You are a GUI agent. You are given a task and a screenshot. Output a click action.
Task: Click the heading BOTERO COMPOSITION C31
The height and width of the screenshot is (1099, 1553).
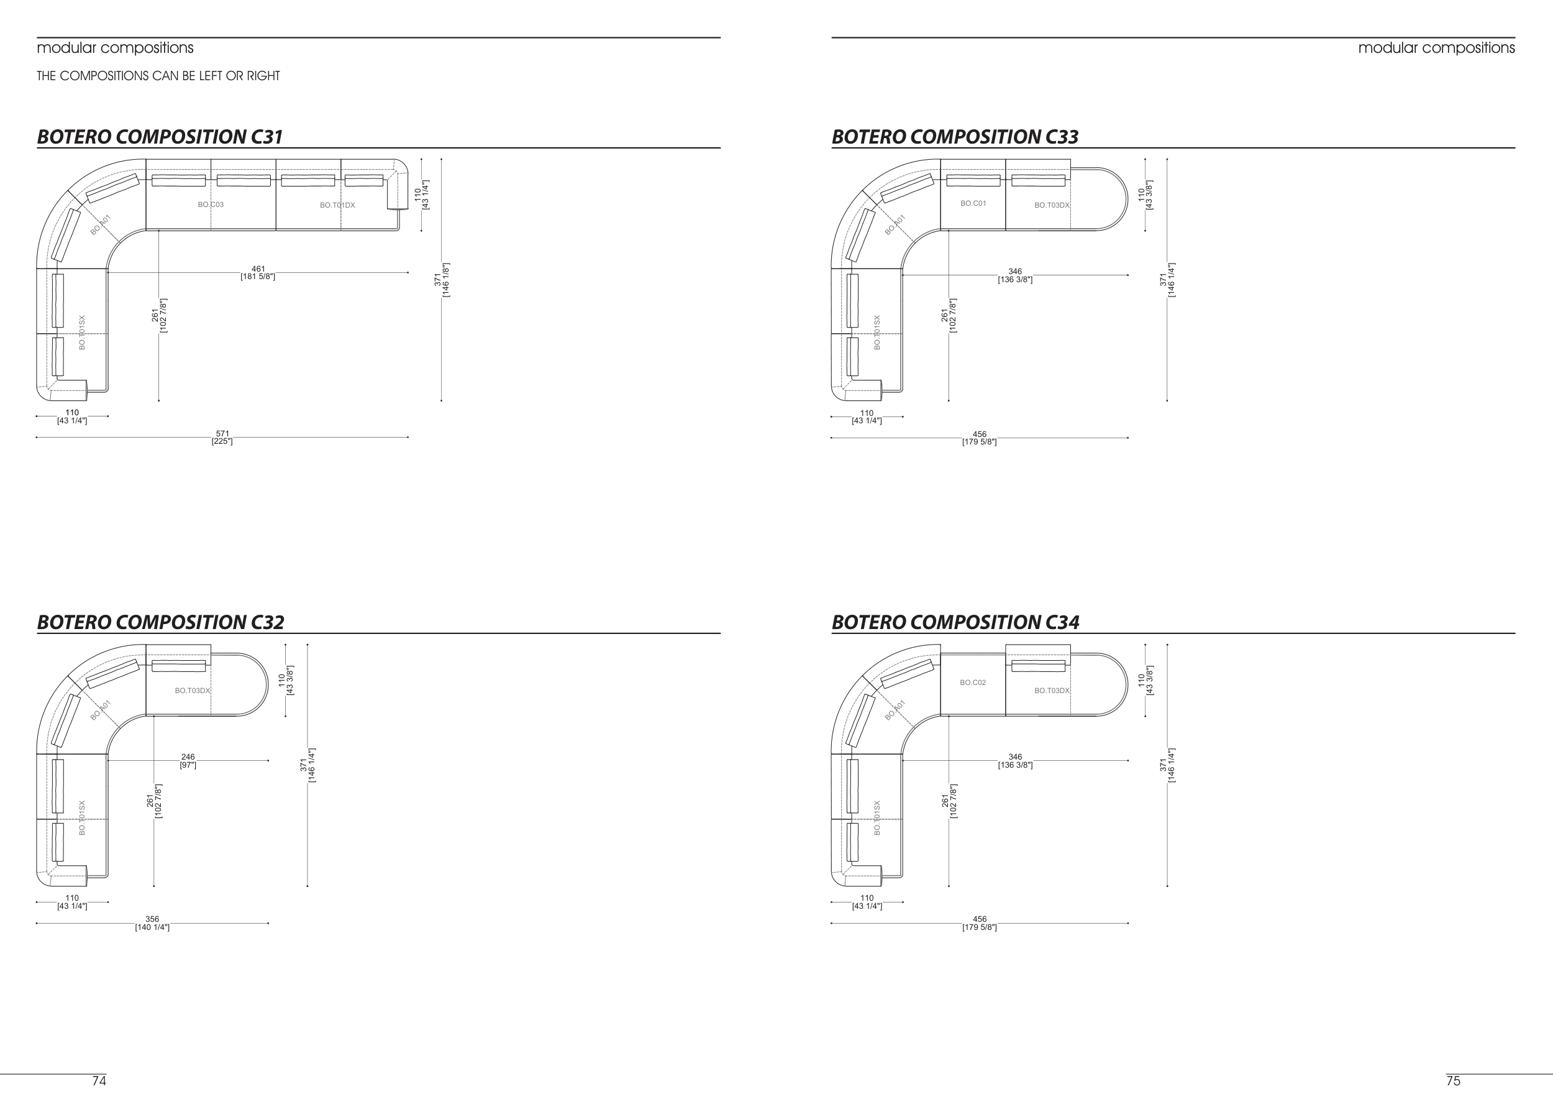point(160,137)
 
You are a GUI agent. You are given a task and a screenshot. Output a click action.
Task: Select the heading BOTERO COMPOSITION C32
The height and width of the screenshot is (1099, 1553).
point(160,622)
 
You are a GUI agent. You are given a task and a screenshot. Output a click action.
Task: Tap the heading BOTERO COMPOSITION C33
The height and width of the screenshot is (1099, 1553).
point(955,137)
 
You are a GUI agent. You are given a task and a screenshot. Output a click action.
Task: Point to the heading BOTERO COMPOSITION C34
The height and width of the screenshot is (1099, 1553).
point(955,622)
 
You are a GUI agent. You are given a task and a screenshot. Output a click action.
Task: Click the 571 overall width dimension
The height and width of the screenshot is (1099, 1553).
point(222,438)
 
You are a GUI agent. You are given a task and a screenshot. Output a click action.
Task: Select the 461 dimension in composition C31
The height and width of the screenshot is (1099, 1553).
point(258,273)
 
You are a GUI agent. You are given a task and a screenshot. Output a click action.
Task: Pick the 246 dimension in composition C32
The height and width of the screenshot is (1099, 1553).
point(188,761)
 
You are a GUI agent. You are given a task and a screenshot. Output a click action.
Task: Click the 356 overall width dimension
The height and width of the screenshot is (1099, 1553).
point(152,923)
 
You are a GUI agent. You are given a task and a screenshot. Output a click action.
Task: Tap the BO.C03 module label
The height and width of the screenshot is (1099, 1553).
point(211,205)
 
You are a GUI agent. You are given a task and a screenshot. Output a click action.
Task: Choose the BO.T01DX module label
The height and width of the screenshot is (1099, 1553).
point(337,205)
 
